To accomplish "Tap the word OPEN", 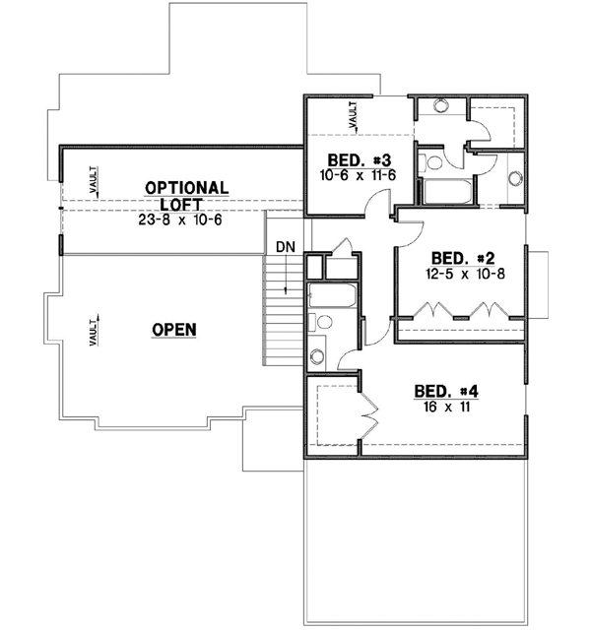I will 173,329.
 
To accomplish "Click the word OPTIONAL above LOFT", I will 187,187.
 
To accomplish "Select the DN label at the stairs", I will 284,246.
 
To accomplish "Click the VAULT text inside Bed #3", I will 353,117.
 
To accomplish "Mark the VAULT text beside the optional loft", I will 92,181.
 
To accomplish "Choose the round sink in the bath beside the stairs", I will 317,356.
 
